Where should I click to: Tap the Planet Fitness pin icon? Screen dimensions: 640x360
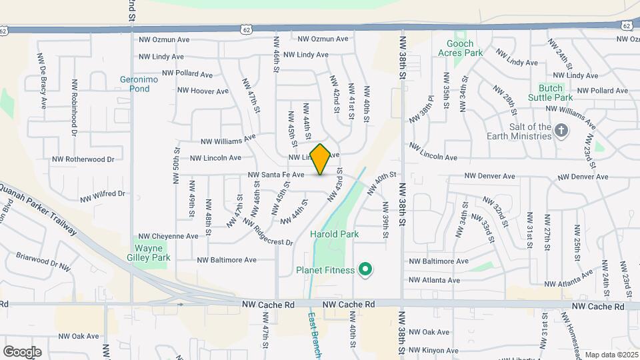point(365,270)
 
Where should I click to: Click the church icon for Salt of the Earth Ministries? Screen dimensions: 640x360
point(561,131)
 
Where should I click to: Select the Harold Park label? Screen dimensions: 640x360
point(334,234)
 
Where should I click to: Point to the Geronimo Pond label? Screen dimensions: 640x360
point(134,83)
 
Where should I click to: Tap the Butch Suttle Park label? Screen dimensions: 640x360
point(551,93)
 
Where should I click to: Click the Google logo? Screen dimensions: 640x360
point(22,351)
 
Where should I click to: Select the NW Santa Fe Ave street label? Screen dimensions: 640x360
point(276,175)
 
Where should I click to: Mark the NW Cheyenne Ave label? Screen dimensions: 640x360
point(168,236)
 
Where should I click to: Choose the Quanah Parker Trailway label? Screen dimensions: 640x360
point(40,209)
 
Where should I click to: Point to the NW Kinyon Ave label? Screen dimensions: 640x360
point(433,350)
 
